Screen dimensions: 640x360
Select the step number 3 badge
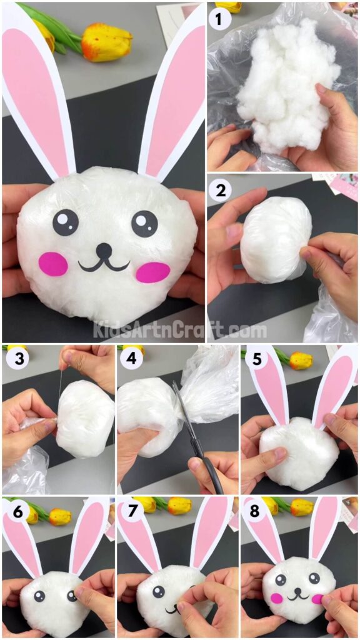(15, 360)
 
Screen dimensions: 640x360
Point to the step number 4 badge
(131, 360)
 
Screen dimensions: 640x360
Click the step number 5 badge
(254, 360)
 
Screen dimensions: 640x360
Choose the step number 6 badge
(15, 511)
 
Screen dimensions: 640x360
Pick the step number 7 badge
(131, 511)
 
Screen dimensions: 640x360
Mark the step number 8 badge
(254, 511)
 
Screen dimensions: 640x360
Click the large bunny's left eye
(66, 222)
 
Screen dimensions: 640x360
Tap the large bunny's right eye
(145, 223)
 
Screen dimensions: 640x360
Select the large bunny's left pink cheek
(54, 264)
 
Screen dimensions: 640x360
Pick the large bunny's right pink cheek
(152, 272)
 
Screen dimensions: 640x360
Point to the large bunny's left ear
(39, 94)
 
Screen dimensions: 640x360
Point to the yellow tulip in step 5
(300, 360)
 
